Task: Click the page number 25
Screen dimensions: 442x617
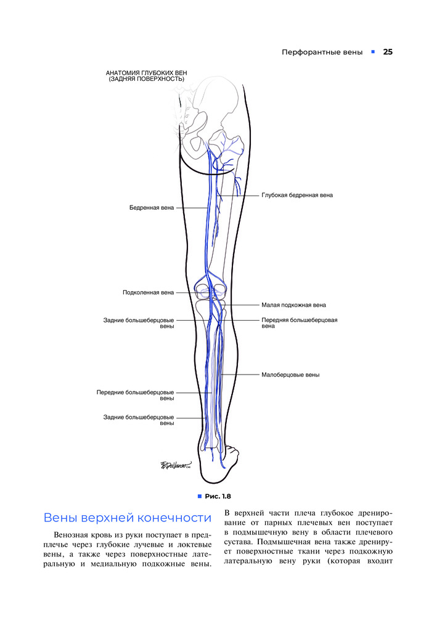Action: click(x=388, y=52)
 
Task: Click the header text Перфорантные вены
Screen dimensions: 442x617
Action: click(x=322, y=52)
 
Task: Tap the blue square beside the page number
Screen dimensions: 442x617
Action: click(x=373, y=52)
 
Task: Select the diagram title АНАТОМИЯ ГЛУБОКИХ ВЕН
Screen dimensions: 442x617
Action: click(x=146, y=73)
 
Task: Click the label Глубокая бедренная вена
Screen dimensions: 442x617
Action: click(x=297, y=195)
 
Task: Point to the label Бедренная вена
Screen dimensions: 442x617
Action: click(x=152, y=208)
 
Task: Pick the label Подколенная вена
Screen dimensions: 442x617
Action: click(x=148, y=292)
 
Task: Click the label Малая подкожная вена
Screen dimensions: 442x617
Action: click(x=294, y=305)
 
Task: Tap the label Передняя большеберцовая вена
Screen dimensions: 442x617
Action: click(x=299, y=323)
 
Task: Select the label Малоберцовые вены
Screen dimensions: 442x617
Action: click(x=290, y=375)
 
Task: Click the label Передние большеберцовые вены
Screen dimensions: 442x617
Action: click(x=135, y=395)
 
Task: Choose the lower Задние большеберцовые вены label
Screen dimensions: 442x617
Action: click(x=139, y=420)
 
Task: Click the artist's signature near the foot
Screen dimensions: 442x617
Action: click(x=176, y=465)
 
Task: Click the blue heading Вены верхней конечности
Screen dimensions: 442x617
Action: click(x=128, y=518)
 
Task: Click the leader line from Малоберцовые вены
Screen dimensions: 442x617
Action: click(x=240, y=375)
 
